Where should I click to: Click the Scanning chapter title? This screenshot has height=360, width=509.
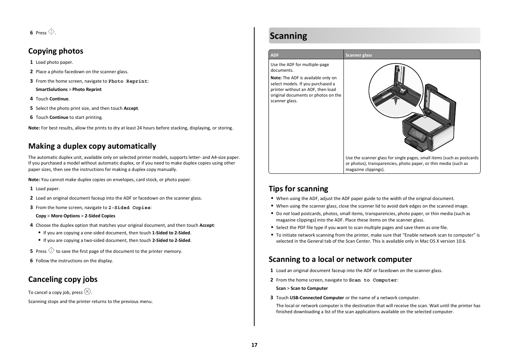[x=288, y=36]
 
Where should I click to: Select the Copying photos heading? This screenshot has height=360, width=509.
[x=55, y=51]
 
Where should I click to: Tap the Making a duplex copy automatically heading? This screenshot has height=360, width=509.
[x=92, y=146]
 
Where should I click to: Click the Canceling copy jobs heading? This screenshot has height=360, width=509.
[x=63, y=279]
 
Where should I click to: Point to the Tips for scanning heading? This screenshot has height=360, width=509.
[x=298, y=189]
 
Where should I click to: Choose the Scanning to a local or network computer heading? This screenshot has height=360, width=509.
[x=340, y=259]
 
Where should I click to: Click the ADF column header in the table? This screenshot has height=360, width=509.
[x=274, y=55]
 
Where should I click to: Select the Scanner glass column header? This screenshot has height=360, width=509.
[x=359, y=55]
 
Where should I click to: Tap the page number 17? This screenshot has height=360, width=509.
[x=255, y=345]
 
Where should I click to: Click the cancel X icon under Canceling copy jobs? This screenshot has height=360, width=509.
[x=87, y=291]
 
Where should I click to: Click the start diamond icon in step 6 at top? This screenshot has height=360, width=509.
[x=51, y=32]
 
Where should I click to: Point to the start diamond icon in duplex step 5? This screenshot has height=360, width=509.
[x=51, y=251]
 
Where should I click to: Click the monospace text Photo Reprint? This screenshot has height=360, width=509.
[x=128, y=81]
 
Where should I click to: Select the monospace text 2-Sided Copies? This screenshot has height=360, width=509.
[x=130, y=208]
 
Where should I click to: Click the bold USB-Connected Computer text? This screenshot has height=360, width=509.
[x=317, y=298]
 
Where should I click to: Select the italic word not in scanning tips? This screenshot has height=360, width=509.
[x=286, y=214]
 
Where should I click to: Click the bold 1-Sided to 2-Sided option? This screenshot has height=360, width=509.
[x=171, y=233]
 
